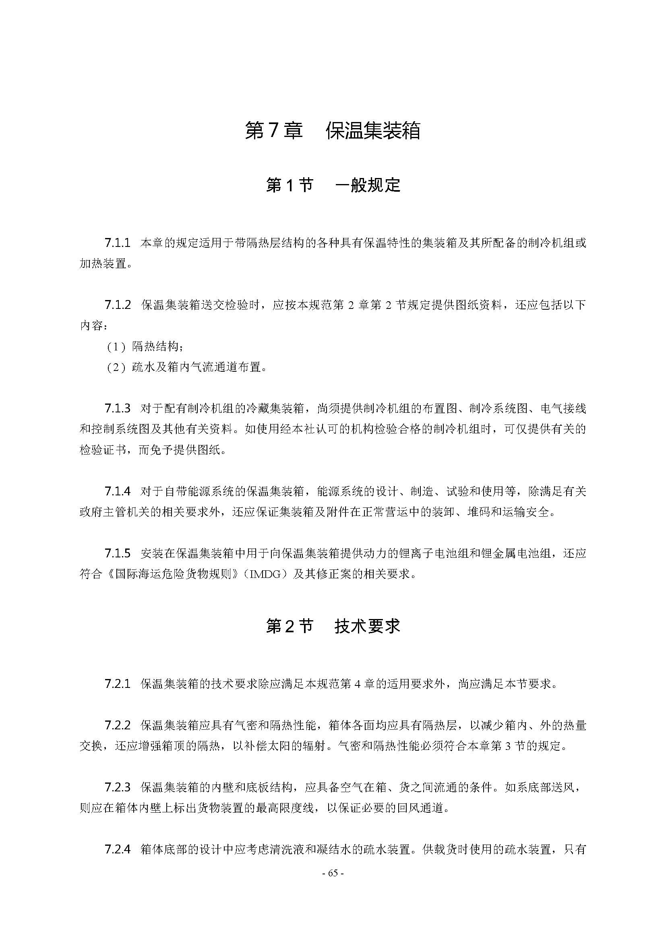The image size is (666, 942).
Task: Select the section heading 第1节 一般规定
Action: pos(333,185)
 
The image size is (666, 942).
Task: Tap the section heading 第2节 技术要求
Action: pos(333,626)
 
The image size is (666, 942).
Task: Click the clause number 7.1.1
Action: pos(117,243)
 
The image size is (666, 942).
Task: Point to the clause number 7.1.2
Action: pos(117,305)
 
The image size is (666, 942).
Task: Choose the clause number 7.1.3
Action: pos(117,408)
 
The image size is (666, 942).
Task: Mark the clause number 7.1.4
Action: pos(117,491)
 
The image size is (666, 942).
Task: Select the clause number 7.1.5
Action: pos(117,553)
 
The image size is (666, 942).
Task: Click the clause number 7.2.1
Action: pos(117,683)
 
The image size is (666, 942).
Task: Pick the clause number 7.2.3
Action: pos(117,787)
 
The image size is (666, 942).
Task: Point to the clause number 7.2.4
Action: pos(117,849)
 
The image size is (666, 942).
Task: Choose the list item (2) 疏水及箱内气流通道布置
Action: pos(187,367)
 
